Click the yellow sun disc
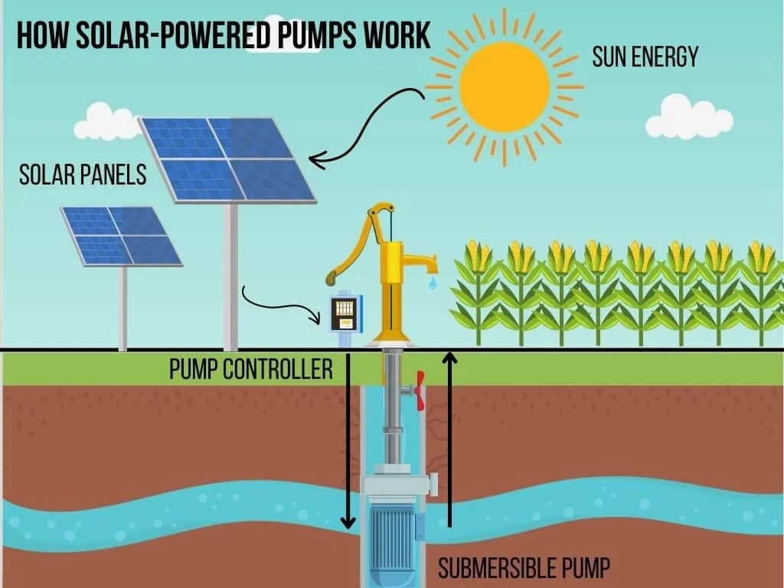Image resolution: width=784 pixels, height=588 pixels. tap(505, 87)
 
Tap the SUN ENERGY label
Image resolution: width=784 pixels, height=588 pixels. tap(645, 57)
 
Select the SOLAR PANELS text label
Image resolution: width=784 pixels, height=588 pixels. tap(82, 175)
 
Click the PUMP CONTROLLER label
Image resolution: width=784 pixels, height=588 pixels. tap(250, 370)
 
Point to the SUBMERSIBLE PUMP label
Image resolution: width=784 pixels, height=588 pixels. tap(524, 568)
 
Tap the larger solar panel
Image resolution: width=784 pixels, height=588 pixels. tap(227, 158)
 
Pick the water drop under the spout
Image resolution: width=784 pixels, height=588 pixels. tap(433, 284)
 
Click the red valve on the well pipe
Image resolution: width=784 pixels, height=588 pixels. tap(420, 390)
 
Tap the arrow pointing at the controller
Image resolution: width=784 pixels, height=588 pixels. tap(283, 302)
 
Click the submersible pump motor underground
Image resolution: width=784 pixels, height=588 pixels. tap(393, 528)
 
